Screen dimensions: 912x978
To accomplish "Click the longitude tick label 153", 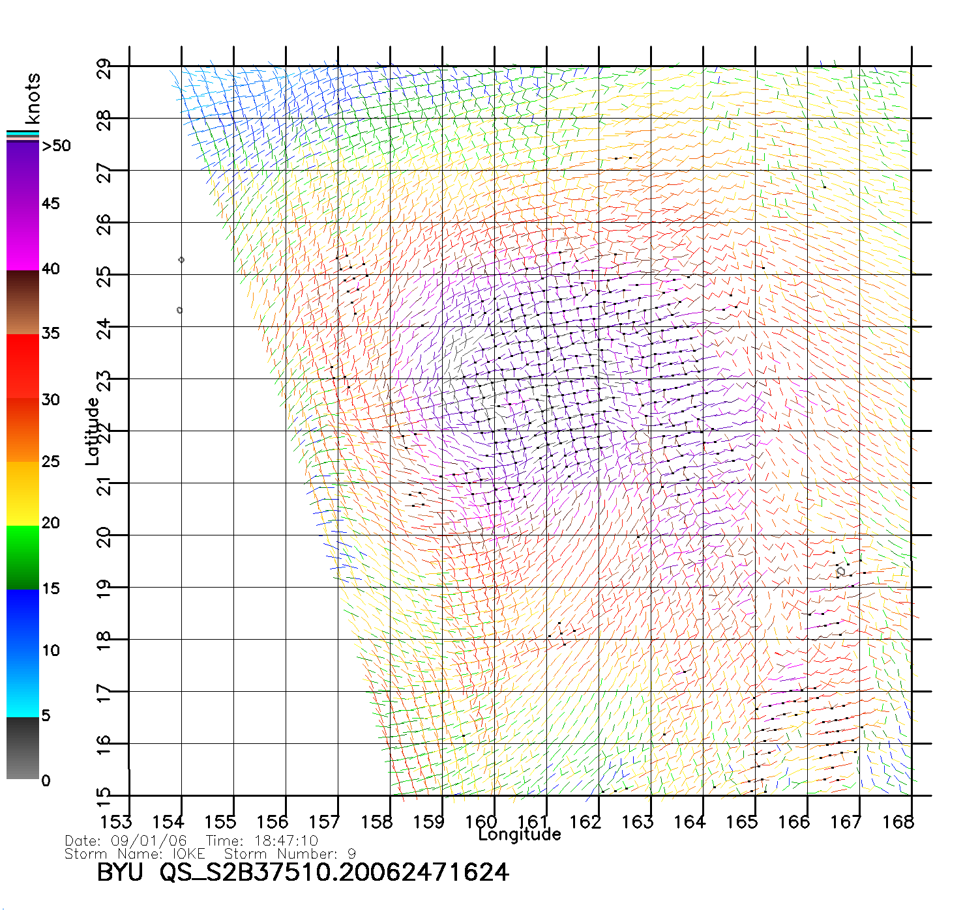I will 116,822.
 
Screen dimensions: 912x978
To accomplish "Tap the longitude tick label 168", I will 898,822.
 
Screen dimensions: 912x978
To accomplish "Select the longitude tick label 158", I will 377,822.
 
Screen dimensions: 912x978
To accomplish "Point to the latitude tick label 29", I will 104,69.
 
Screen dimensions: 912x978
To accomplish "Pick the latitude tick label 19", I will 104,588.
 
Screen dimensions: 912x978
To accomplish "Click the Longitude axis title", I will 520,834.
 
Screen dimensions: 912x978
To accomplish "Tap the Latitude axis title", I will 93,431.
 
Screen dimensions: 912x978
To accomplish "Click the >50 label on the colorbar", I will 56,146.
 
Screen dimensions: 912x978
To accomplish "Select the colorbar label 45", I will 51,204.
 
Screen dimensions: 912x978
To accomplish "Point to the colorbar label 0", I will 46,781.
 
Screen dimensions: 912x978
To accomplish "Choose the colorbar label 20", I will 51,523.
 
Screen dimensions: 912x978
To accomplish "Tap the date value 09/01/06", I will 149,841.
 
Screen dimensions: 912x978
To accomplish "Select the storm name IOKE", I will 188,853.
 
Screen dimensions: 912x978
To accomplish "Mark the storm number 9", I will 351,853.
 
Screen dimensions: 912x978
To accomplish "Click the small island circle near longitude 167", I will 841,571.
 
